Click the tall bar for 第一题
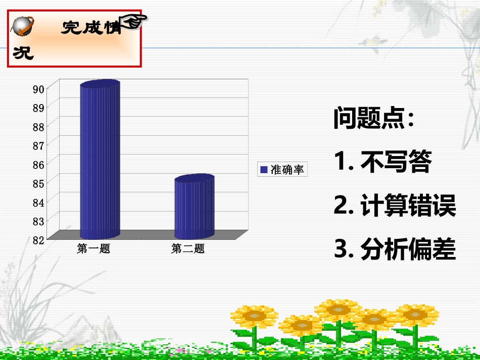[x=100, y=162]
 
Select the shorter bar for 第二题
[x=195, y=208]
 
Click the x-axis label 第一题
[x=93, y=248]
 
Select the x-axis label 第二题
[x=188, y=248]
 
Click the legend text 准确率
[x=287, y=170]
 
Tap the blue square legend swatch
[x=264, y=170]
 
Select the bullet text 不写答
[x=396, y=163]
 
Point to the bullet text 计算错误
[x=408, y=206]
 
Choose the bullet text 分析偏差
[x=408, y=249]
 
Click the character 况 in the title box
[x=23, y=53]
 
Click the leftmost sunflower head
[x=254, y=316]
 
